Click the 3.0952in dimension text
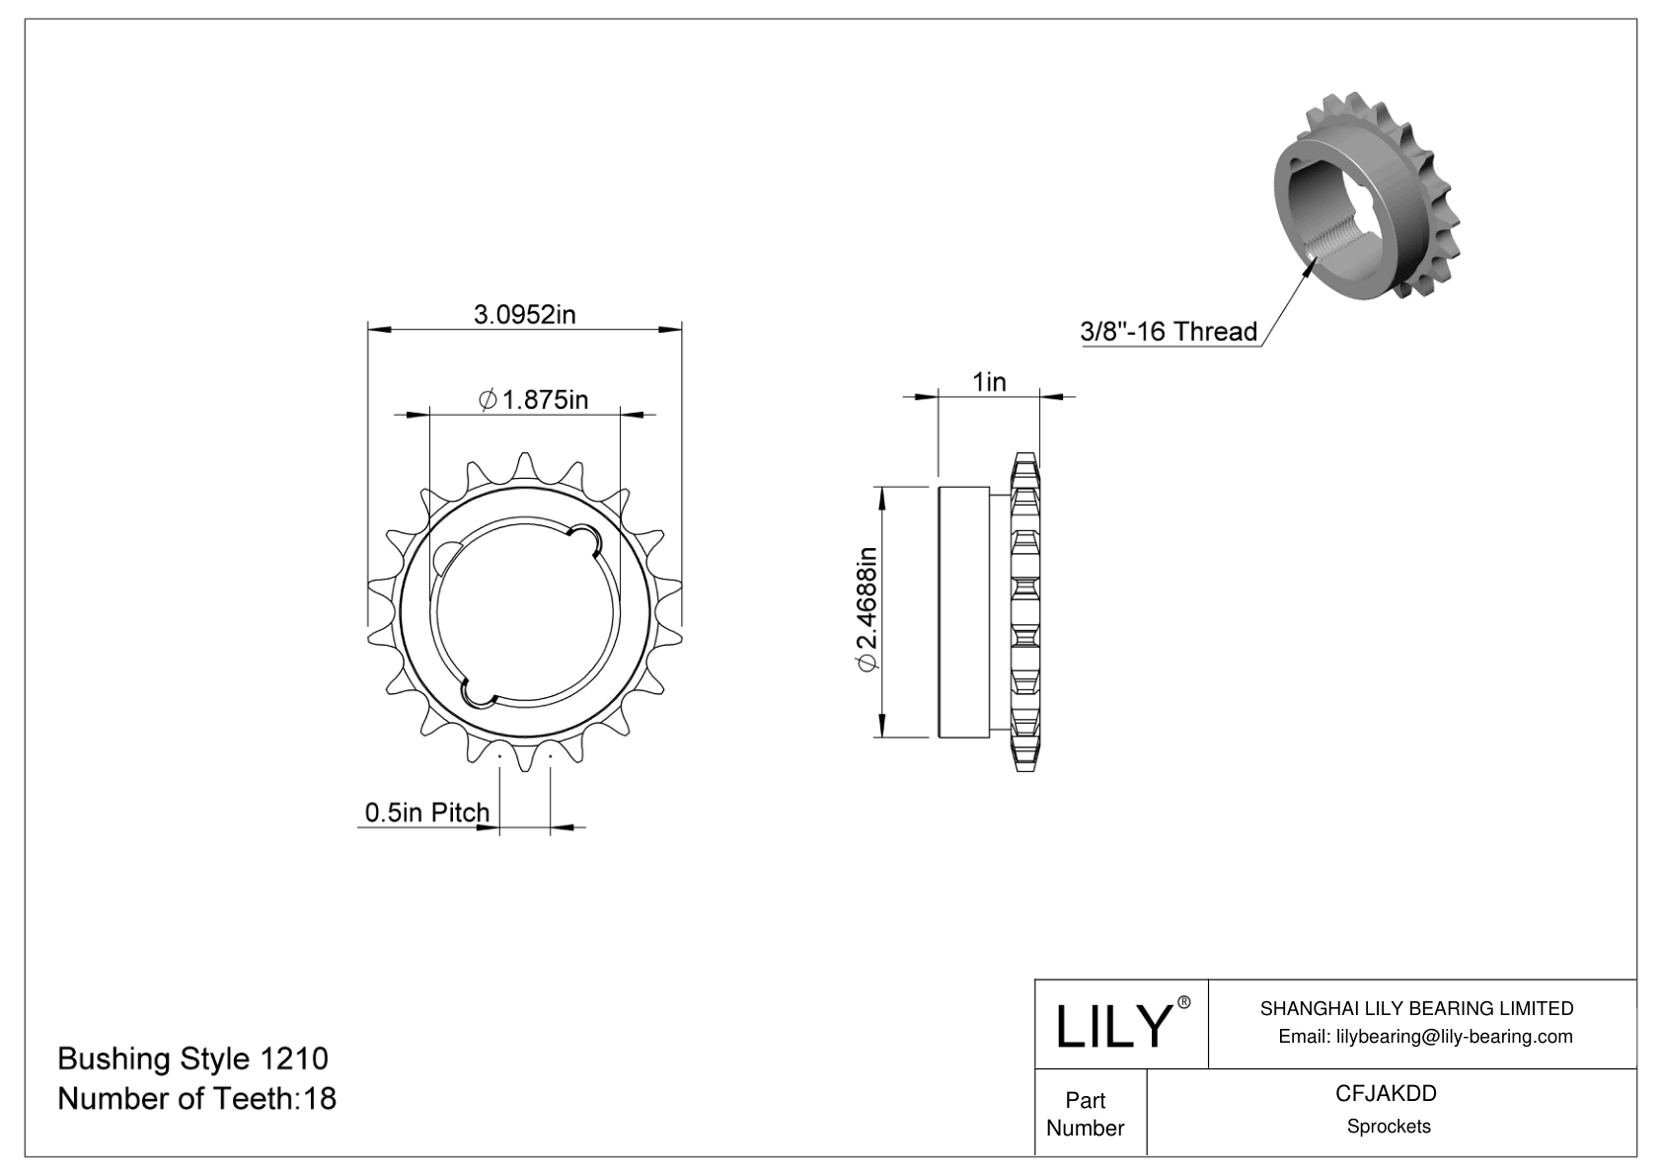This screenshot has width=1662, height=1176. point(524,315)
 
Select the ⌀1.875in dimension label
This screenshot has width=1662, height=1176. point(533,399)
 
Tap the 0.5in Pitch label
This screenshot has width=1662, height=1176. point(426,812)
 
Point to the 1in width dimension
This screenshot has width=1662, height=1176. point(989,381)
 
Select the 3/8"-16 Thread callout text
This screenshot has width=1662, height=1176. point(1169,331)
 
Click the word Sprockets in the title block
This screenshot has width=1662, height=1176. point(1389,1127)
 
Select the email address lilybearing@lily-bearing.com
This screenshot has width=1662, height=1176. point(1425,1036)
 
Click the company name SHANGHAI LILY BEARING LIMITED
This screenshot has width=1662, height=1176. point(1416,1008)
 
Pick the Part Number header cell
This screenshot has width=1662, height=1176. point(1085,1113)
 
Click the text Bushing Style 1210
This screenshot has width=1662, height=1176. point(192,1058)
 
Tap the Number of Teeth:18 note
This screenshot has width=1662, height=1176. point(196,1098)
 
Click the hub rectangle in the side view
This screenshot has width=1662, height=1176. point(963,611)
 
